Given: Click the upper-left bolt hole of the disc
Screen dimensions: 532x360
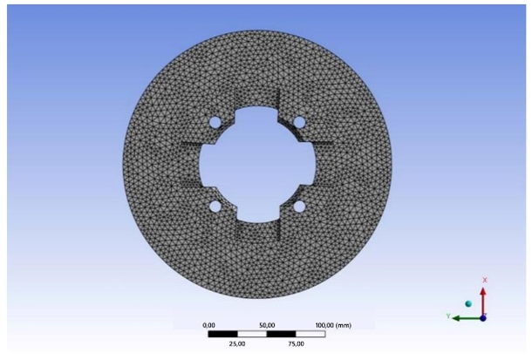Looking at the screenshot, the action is click(x=215, y=122).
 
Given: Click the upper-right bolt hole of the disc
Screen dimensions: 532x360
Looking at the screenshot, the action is click(x=299, y=122).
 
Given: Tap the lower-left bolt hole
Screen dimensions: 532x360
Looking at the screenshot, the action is click(x=215, y=207).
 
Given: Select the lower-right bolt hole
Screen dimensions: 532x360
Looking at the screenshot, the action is click(x=299, y=207).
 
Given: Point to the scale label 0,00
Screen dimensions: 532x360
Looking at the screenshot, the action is click(x=208, y=325).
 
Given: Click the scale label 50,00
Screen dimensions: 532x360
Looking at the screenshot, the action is click(x=267, y=325).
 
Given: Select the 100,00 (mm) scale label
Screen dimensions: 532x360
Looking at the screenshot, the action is click(x=333, y=325).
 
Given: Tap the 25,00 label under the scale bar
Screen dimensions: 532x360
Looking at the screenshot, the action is click(x=237, y=344).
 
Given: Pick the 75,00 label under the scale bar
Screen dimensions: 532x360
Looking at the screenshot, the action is click(x=297, y=344).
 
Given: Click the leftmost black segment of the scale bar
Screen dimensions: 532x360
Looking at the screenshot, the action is click(x=223, y=334).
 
